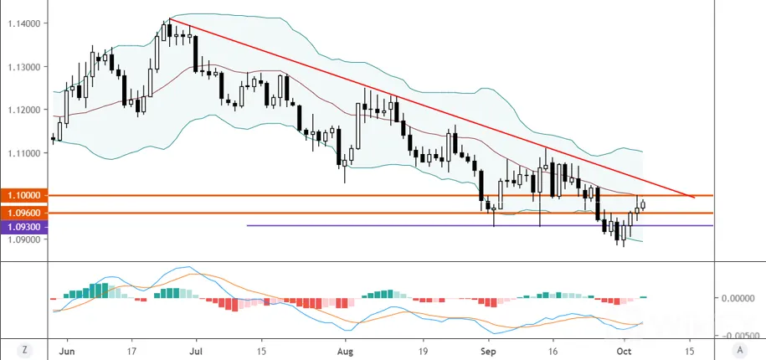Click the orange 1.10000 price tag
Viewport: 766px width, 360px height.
click(x=24, y=195)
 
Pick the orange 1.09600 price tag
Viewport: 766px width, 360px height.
click(x=24, y=213)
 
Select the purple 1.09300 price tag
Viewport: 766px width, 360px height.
click(x=24, y=227)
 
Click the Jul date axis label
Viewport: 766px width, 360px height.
click(x=196, y=351)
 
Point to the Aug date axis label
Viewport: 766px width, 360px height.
click(x=346, y=351)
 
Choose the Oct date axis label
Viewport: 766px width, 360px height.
click(x=624, y=351)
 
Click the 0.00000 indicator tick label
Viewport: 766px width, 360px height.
click(x=737, y=297)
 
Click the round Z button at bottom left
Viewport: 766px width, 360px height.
click(x=23, y=350)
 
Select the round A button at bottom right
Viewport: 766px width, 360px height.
click(x=740, y=350)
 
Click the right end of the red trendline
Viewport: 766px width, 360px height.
click(x=694, y=198)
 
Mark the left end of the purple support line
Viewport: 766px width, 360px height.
click(x=248, y=226)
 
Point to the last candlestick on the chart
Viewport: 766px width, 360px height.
click(x=643, y=204)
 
